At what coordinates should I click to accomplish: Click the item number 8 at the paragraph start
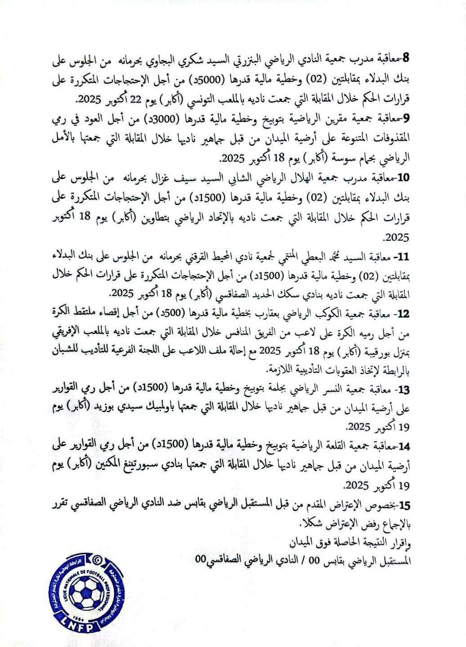click(406, 58)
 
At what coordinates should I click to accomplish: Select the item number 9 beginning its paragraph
click(406, 118)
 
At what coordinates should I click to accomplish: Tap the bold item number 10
click(404, 177)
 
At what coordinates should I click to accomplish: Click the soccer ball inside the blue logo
click(86, 593)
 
